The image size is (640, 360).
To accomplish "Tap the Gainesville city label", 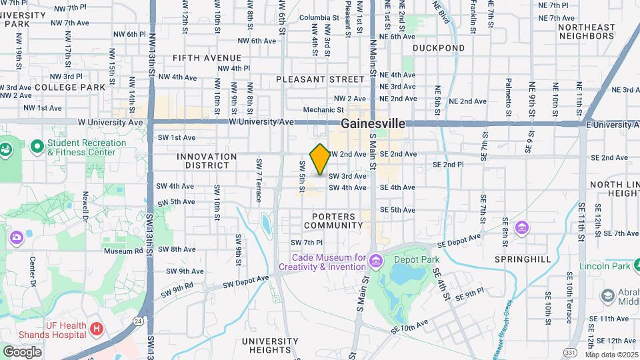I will pos(373,123).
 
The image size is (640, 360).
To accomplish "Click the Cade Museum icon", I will pos(375,259).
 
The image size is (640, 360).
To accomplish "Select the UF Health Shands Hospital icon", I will pos(97,329).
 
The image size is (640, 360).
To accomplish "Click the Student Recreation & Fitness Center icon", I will pos(37,145).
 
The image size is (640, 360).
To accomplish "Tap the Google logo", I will pos(22,351).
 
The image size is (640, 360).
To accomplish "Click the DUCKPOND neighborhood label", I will pos(438,48).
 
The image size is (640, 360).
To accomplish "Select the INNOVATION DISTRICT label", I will pos(207,161).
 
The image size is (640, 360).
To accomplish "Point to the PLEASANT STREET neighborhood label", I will pos(311,79).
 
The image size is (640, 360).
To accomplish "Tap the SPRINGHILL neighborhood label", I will pos(523,258).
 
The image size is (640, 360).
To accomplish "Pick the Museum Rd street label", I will pos(123,251).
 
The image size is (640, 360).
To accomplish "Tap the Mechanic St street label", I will pos(323,110).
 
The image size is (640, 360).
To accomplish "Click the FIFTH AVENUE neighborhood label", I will pos(207,58).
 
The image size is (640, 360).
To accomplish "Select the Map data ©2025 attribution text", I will pos(612,355).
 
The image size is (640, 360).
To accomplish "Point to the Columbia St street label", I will pos(320,18).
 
